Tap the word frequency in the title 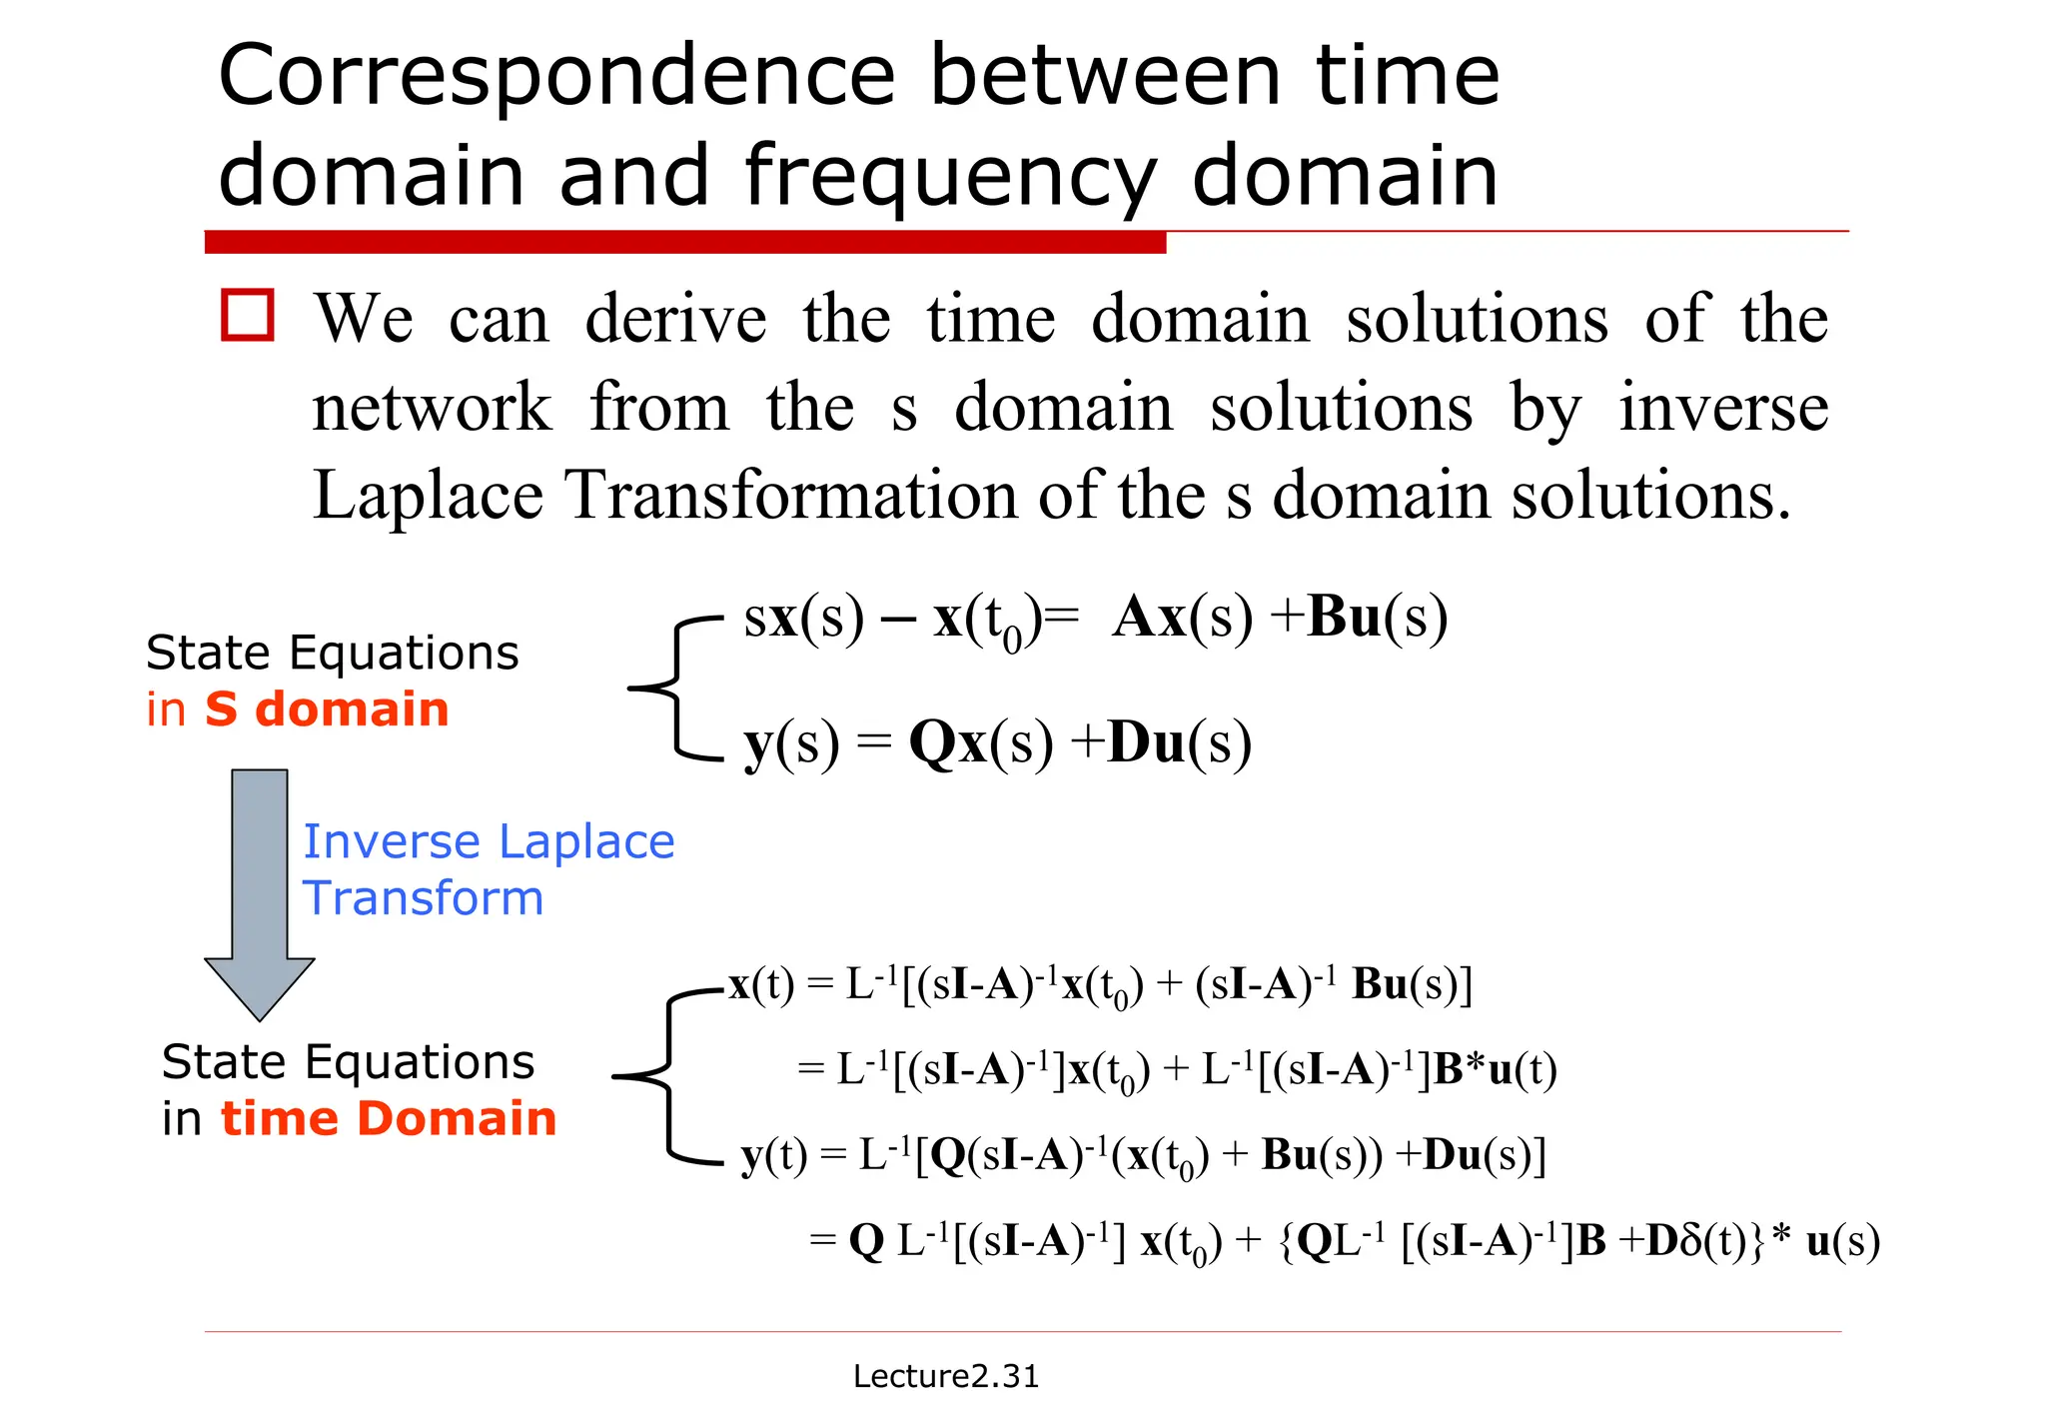[950, 178]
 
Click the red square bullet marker [247, 316]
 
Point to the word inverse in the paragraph [1723, 408]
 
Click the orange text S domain [327, 709]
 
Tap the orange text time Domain [388, 1118]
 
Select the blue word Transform [424, 897]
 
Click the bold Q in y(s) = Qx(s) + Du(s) [933, 743]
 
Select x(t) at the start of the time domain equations [761, 985]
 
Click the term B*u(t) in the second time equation [1495, 1070]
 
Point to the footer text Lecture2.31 [945, 1376]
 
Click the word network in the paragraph [432, 408]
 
